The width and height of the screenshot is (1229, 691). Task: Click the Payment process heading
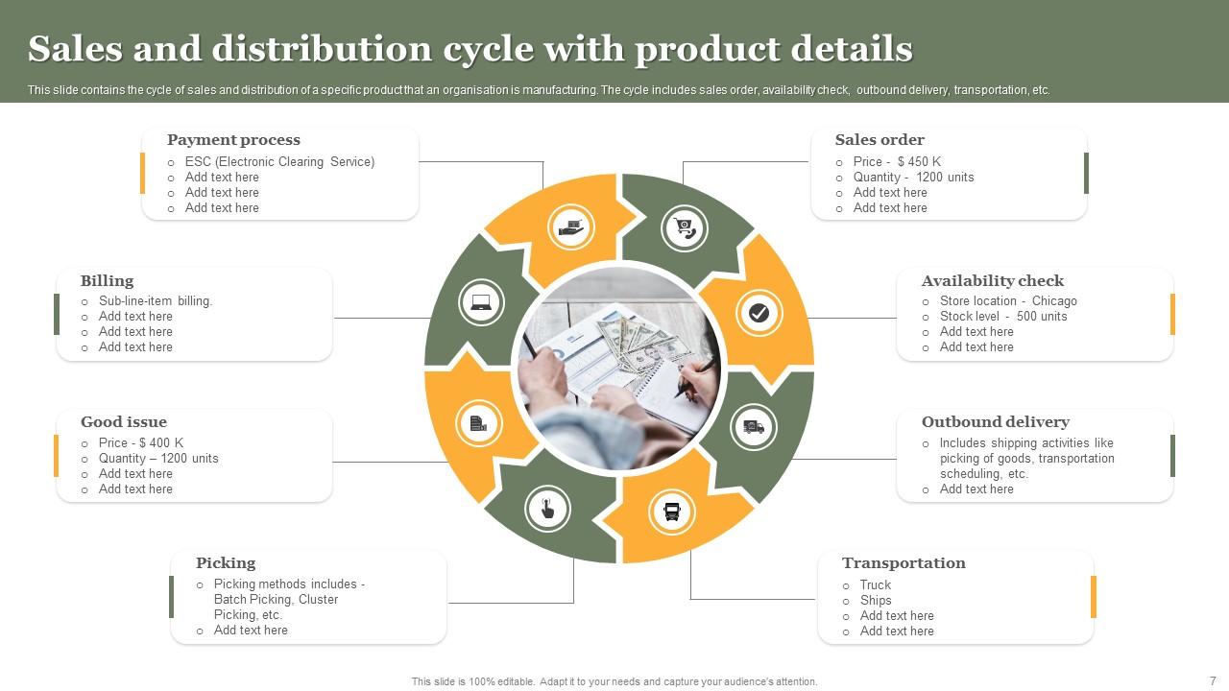coord(233,140)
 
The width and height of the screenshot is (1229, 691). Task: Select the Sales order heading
coord(880,140)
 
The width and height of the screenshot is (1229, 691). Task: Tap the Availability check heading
coord(992,281)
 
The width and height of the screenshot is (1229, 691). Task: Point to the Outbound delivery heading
coord(995,422)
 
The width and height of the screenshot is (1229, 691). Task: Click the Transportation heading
coord(904,563)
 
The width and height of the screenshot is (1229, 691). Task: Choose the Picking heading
coord(226,563)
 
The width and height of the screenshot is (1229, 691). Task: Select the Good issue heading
coord(124,422)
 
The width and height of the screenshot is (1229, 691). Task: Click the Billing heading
coord(107,281)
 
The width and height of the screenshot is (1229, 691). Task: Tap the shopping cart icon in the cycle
coord(685,228)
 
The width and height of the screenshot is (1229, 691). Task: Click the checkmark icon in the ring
coord(759,313)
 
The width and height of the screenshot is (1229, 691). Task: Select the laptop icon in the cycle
coord(481,303)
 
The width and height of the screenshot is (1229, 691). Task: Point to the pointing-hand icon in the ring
coord(547,509)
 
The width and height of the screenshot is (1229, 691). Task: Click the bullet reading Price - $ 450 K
coord(897,162)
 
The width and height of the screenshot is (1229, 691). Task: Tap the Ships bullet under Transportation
coord(876,601)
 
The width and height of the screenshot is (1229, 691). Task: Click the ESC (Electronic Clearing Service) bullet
coord(279,162)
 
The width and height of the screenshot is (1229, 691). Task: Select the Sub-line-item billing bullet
coord(156,301)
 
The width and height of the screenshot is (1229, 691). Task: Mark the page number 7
coord(1213,681)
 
